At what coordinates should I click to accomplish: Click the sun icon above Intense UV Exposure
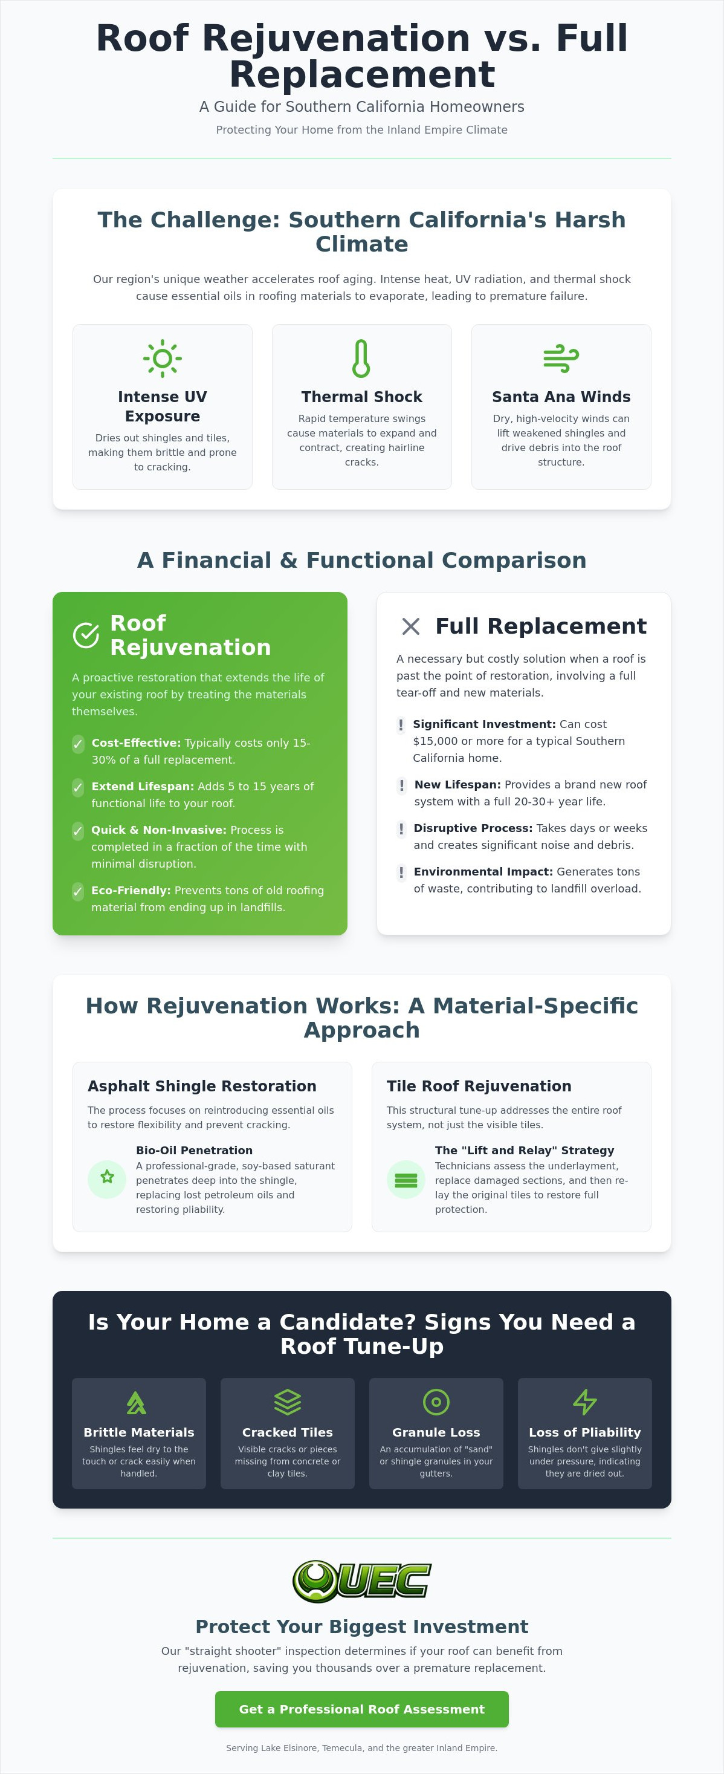[163, 358]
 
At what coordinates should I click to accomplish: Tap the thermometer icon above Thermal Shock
[361, 358]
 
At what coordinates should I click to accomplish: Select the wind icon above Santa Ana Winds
[561, 358]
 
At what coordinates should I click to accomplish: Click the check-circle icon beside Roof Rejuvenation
[86, 635]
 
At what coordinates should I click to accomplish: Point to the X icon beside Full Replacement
[411, 626]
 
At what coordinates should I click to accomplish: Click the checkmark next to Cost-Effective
[79, 744]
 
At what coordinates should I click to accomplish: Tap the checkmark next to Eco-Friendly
[79, 891]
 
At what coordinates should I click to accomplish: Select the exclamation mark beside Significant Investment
[401, 724]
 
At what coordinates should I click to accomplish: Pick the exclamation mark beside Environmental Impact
[401, 872]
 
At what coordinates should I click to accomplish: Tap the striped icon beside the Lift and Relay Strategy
[406, 1180]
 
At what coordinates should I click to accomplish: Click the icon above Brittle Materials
[136, 1402]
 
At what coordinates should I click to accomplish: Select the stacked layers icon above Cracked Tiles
[288, 1402]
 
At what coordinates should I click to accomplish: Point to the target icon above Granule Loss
[436, 1402]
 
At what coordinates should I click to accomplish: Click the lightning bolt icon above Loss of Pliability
[585, 1402]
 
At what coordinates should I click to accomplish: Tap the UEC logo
[362, 1581]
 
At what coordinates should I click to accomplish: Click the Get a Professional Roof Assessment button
[362, 1709]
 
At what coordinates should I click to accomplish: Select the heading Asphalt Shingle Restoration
[202, 1086]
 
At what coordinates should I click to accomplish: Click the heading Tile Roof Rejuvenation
[479, 1086]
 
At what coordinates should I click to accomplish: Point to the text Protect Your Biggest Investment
[362, 1626]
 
